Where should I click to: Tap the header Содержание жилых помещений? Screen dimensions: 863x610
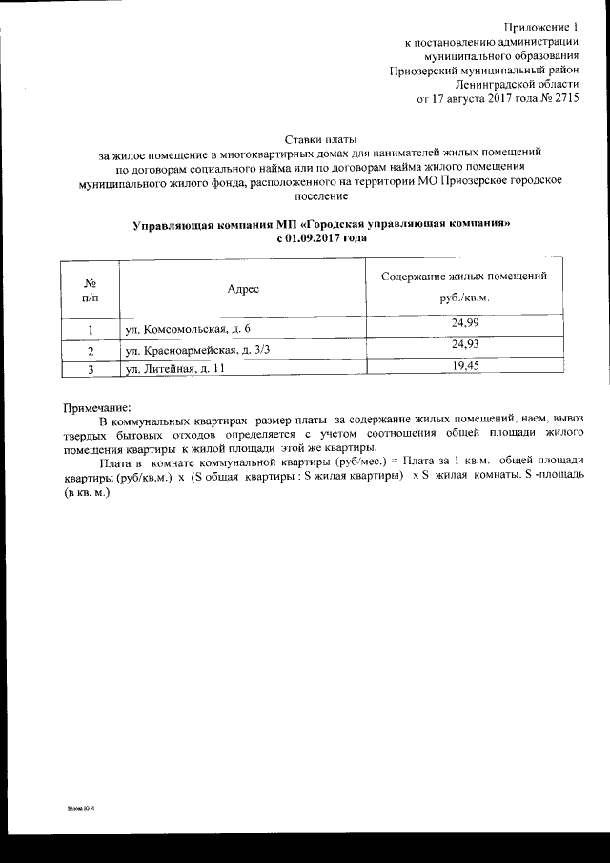tap(463, 277)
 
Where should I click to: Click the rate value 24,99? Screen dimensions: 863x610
tap(464, 325)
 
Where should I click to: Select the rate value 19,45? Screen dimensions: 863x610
tap(464, 365)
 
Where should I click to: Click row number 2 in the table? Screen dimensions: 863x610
tap(89, 351)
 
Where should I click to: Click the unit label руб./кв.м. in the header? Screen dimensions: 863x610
tap(464, 299)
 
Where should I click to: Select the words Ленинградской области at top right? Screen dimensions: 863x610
tap(521, 84)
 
